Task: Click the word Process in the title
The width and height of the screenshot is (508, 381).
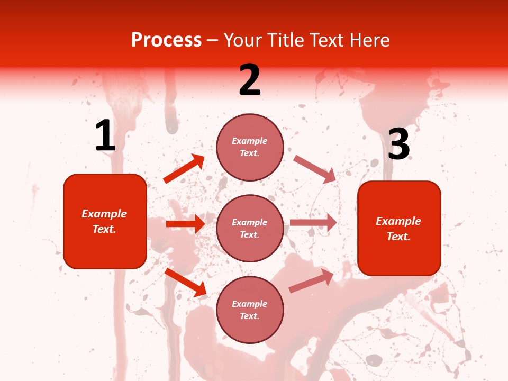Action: pos(166,40)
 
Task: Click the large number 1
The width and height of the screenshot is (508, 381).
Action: pos(105,137)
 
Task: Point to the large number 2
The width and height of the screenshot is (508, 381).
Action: pos(249,80)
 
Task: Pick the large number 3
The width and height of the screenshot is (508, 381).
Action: pos(398,144)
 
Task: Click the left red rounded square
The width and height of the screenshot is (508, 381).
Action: pos(105,221)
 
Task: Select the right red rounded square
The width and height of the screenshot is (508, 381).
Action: pos(399,228)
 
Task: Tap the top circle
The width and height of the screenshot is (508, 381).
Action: pos(250,147)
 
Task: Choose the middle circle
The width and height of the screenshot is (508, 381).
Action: pos(250,228)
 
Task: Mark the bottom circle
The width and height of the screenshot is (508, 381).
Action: pos(250,310)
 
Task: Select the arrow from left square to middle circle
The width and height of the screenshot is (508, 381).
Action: pos(185,224)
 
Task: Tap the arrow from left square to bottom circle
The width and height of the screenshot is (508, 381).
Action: pos(185,282)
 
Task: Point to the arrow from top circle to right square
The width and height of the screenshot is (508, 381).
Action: pos(314,169)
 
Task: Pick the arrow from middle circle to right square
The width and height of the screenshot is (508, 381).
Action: pos(313,223)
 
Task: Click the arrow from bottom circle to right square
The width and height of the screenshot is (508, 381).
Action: pos(311,281)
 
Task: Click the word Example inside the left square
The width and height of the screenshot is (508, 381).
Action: pos(104,214)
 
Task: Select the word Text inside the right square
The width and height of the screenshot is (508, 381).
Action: pos(398,237)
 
